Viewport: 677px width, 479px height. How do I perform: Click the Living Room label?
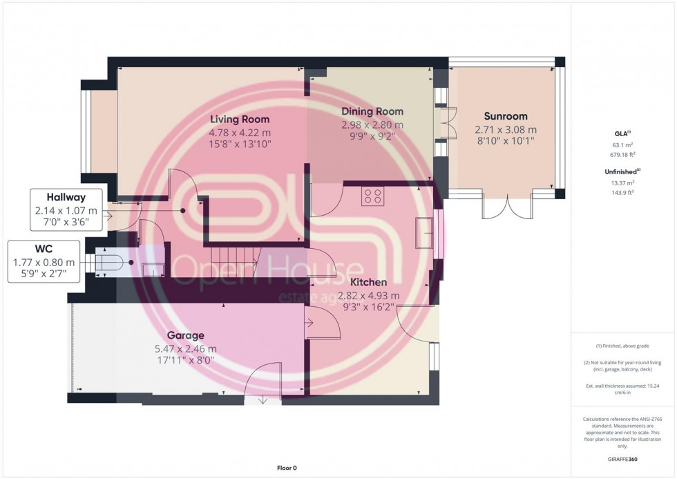(240, 120)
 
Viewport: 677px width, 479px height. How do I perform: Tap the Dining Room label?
(372, 111)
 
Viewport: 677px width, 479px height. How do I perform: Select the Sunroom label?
(505, 116)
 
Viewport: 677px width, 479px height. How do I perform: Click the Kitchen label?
(368, 283)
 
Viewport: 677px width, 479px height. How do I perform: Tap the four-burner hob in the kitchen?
(372, 196)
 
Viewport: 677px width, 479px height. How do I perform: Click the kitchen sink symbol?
(423, 232)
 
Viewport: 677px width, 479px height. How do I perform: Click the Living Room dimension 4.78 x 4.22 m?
(240, 132)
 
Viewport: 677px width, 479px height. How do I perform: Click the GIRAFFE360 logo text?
(622, 458)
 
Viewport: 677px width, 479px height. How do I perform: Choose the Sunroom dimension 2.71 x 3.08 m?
(505, 129)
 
